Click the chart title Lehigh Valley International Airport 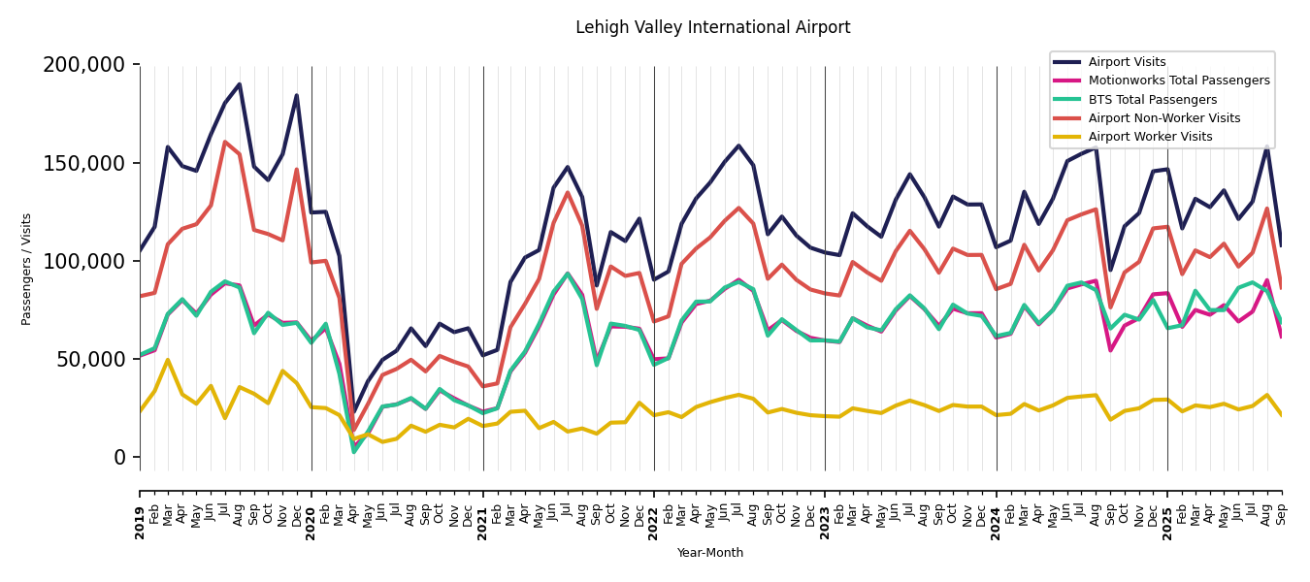(x=712, y=28)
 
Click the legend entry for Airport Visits (x=1127, y=62)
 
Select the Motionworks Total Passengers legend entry (x=1178, y=81)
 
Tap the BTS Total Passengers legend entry (x=1152, y=100)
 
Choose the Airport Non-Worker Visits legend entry (x=1163, y=118)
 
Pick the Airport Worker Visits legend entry (x=1150, y=137)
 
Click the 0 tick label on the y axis (x=119, y=457)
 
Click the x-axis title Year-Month (x=710, y=553)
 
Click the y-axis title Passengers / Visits (x=27, y=269)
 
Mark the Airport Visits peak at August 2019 (x=240, y=84)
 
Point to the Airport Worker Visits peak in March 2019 (x=168, y=360)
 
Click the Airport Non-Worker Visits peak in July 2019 (x=225, y=142)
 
